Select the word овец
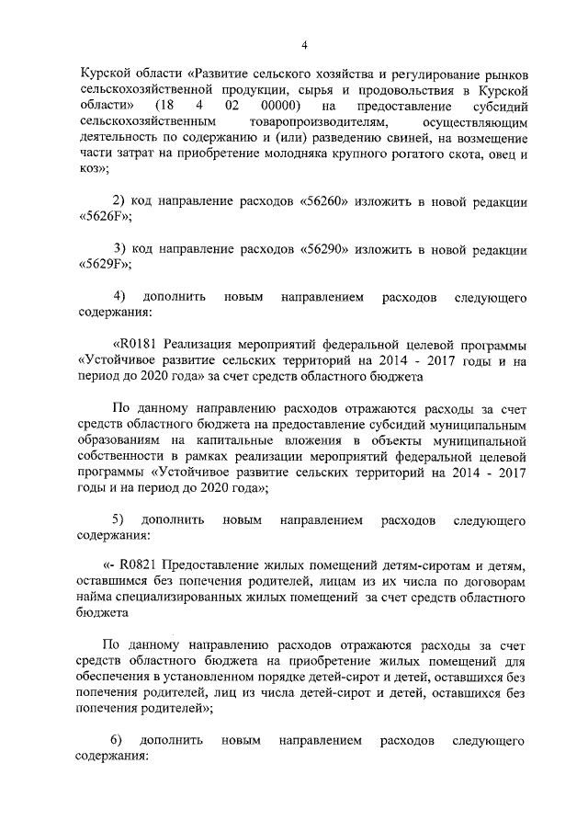[x=493, y=154]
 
